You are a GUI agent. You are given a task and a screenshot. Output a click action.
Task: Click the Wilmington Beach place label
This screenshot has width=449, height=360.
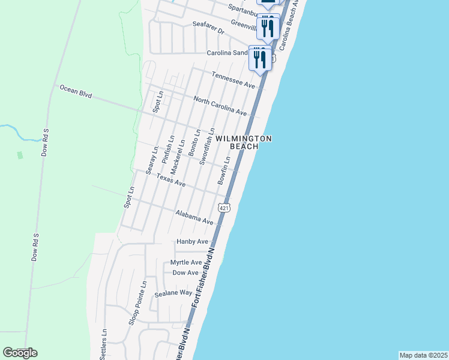(x=244, y=142)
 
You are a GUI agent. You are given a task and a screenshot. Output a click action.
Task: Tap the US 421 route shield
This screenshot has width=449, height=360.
(x=224, y=208)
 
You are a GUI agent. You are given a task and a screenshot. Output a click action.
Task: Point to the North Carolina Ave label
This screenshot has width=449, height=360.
(x=220, y=104)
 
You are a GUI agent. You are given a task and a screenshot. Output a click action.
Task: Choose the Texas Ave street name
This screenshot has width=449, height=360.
(x=171, y=180)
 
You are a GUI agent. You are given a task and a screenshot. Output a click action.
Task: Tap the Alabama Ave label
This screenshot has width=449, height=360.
(x=194, y=217)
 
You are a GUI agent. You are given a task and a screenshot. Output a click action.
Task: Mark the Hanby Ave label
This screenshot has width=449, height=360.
(x=192, y=242)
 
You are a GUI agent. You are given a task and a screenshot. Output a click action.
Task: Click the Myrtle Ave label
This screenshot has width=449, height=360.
(x=186, y=262)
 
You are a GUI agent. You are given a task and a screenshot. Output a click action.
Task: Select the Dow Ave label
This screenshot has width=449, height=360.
(x=185, y=273)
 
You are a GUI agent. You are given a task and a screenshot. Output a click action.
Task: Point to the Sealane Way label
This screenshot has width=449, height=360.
(x=173, y=293)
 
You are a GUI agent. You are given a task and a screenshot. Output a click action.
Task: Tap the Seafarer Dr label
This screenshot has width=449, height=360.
(x=208, y=28)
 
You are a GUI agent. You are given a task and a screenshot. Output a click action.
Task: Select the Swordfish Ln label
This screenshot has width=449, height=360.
(x=207, y=146)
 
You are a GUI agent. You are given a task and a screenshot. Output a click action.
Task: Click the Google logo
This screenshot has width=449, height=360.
(x=20, y=353)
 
